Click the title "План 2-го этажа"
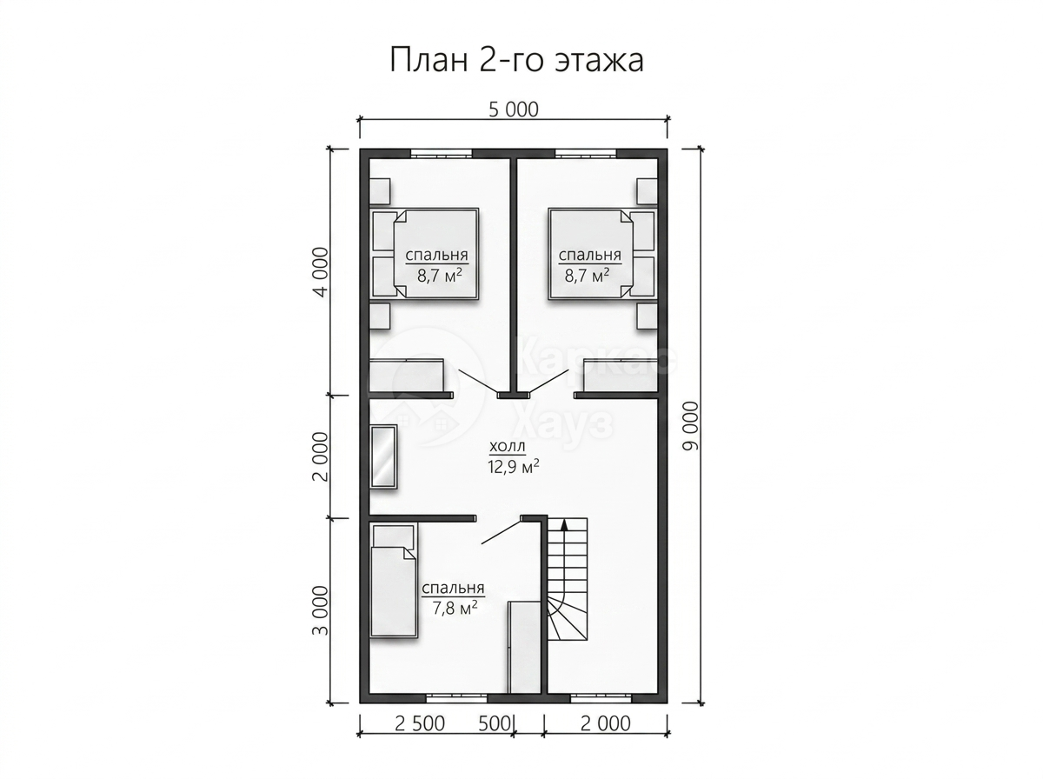click(x=516, y=61)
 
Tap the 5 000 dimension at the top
click(x=513, y=110)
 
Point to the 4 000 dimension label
click(x=322, y=271)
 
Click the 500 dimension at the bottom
click(x=494, y=723)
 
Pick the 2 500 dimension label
click(x=420, y=723)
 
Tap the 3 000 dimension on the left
click(x=322, y=610)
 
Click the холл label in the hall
click(x=508, y=446)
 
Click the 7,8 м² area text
click(x=455, y=608)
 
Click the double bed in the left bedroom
click(x=424, y=253)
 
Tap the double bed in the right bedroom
click(x=602, y=253)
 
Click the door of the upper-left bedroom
click(x=477, y=382)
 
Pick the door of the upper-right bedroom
click(x=548, y=382)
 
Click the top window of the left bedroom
click(x=442, y=153)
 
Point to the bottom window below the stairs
click(x=601, y=698)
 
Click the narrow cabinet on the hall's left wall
click(x=384, y=456)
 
